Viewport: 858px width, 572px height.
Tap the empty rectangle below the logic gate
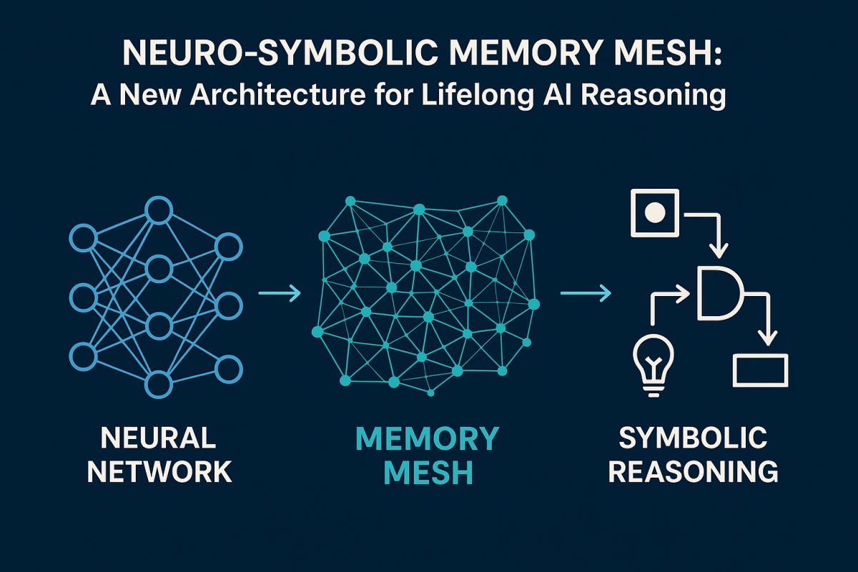coord(761,370)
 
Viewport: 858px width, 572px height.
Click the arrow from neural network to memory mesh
coord(279,293)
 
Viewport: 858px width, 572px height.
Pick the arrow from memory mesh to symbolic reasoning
coord(585,293)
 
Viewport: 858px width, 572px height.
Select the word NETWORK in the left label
coord(159,472)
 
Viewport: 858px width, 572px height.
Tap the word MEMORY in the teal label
coord(427,438)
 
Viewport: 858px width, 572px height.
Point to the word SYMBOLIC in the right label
coord(693,437)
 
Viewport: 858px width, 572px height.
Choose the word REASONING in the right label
coord(693,472)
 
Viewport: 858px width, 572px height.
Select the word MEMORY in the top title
coord(516,56)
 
